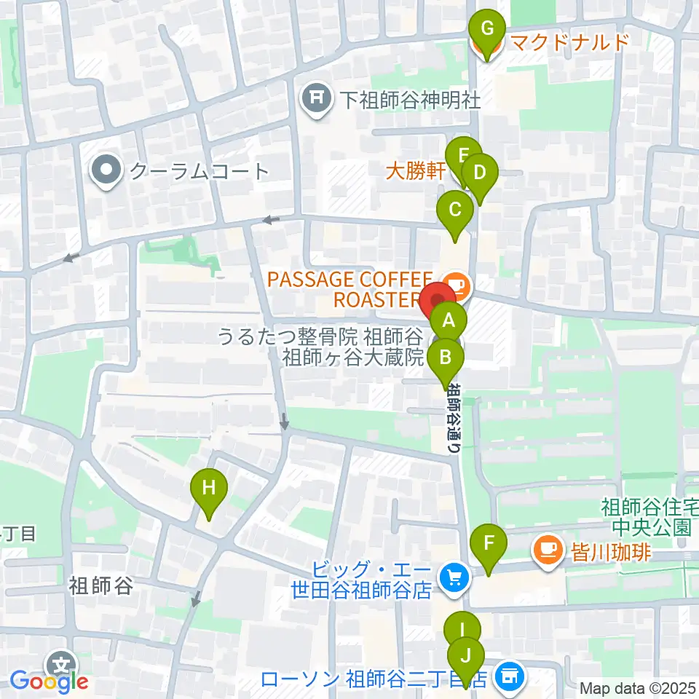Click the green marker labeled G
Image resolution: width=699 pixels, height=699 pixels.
tap(488, 30)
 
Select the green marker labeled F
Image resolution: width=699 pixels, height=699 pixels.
tap(489, 542)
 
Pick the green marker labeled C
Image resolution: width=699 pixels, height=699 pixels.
tap(455, 210)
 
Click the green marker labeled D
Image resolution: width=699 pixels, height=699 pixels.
tap(479, 173)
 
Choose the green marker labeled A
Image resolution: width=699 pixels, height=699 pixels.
tap(449, 320)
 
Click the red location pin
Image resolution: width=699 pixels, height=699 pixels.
tap(438, 301)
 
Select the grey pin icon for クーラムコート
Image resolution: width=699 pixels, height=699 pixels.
tap(107, 171)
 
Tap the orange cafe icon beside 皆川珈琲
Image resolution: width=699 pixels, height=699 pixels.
tap(546, 545)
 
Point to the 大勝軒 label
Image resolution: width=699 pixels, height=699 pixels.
tap(414, 171)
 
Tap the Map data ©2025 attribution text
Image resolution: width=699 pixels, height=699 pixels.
tap(638, 687)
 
